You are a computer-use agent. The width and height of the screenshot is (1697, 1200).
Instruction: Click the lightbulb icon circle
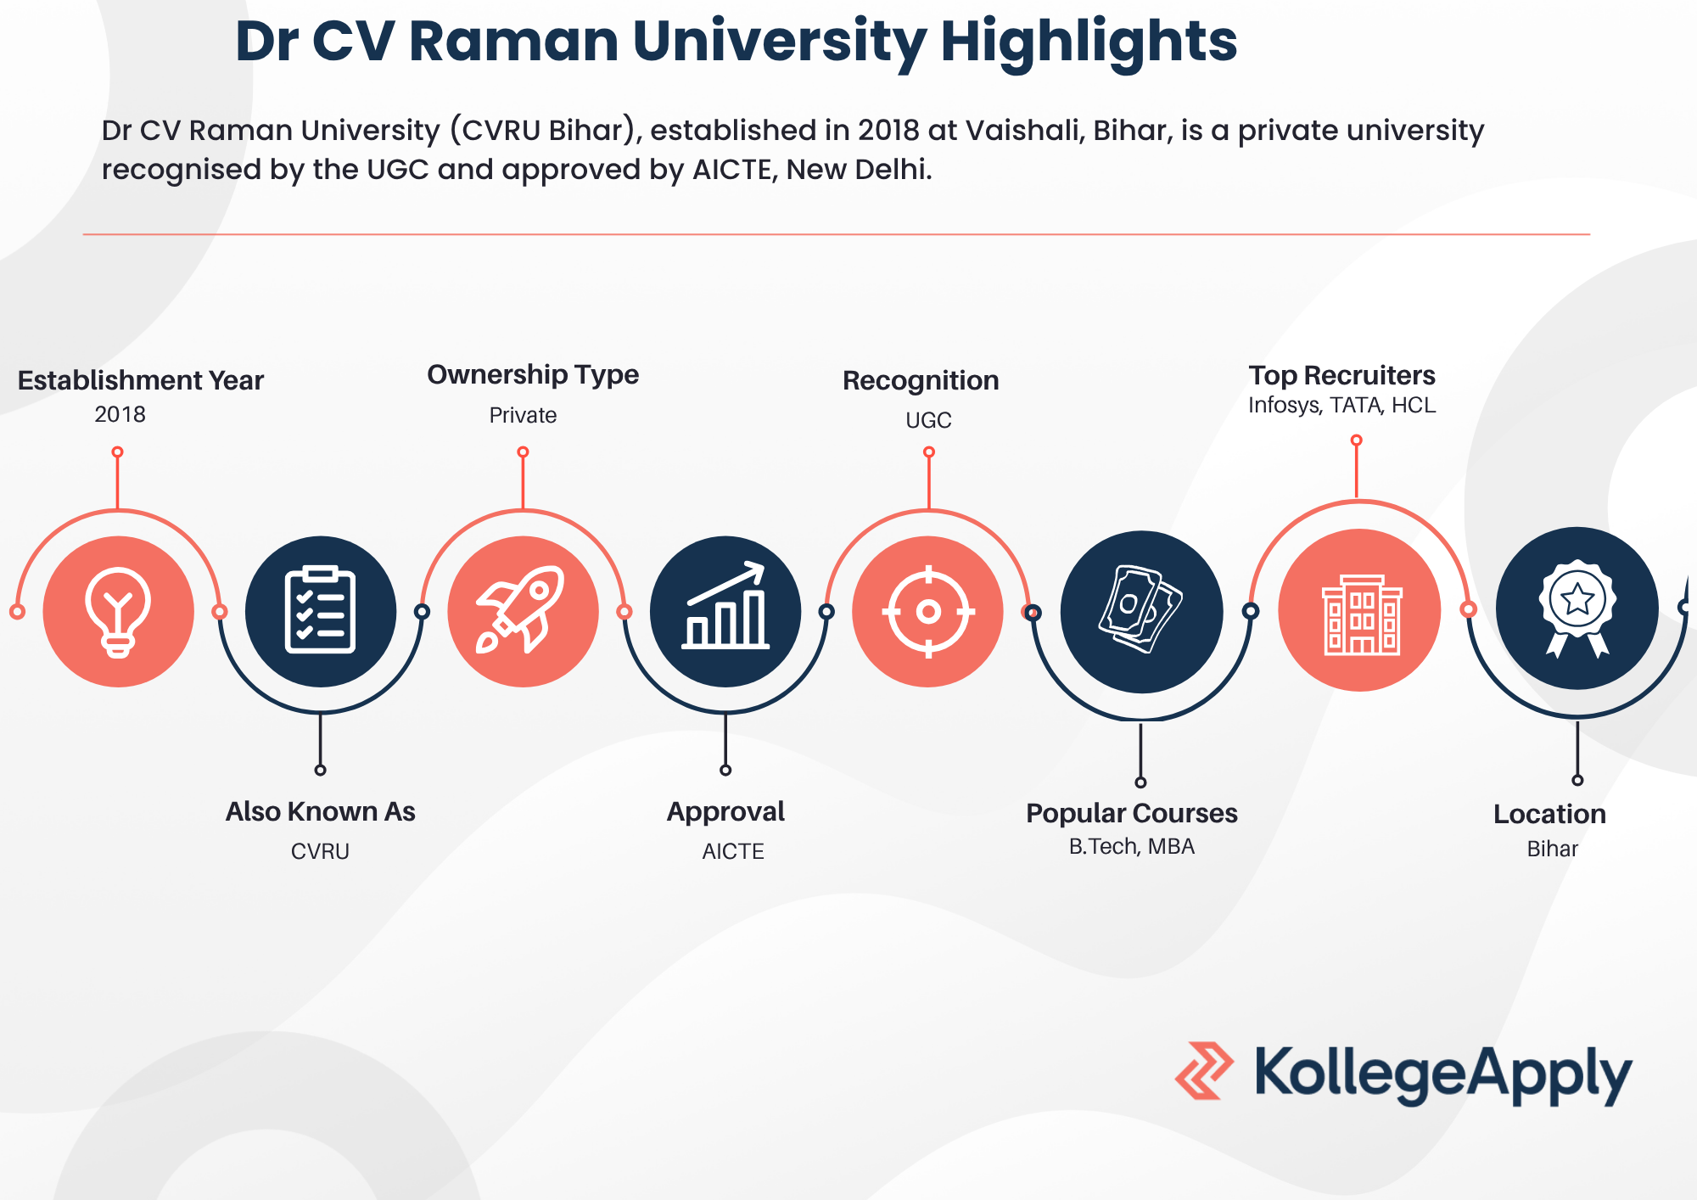119,611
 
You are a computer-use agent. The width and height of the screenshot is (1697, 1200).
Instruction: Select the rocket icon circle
524,611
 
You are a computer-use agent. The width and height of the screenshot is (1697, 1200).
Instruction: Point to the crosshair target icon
928,611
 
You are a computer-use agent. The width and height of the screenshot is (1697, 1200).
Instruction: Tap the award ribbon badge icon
1577,608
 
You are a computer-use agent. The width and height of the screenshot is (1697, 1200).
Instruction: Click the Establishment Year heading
141,380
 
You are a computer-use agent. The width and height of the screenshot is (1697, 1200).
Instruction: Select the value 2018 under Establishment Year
120,414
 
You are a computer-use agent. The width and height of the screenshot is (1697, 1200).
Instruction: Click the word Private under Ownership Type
523,415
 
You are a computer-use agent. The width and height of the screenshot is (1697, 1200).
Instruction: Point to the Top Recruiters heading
1342,375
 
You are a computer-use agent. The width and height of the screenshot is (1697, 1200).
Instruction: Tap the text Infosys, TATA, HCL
1342,406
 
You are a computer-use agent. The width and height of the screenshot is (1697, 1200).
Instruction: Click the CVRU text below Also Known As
320,851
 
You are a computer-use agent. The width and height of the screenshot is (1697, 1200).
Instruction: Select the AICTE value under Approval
733,851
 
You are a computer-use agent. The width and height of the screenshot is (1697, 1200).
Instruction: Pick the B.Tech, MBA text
1132,847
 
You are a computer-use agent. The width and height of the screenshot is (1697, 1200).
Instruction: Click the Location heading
1549,814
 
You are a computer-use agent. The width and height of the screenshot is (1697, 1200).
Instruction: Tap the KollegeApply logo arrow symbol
1204,1071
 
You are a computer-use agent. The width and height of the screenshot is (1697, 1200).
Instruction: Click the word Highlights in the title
1089,42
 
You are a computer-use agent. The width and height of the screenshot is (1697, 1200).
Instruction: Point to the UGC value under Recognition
928,420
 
